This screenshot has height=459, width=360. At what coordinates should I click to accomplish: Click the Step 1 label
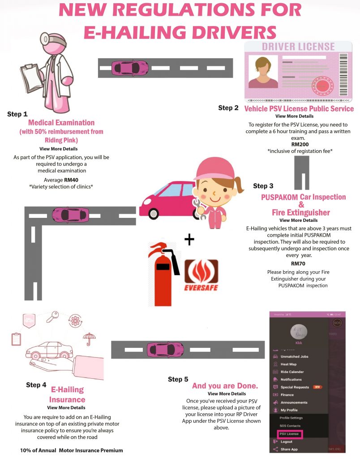click(17, 114)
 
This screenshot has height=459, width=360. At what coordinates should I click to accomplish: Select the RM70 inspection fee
click(298, 264)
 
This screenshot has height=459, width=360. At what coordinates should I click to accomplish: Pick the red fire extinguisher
click(163, 273)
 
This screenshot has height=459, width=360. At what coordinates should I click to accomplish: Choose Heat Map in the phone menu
click(288, 364)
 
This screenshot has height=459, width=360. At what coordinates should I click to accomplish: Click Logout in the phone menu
click(286, 442)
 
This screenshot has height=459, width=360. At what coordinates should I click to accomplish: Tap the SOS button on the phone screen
click(337, 322)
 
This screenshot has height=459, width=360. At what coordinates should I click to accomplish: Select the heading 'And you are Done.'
click(225, 386)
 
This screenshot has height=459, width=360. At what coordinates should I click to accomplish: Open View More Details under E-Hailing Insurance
click(66, 408)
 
